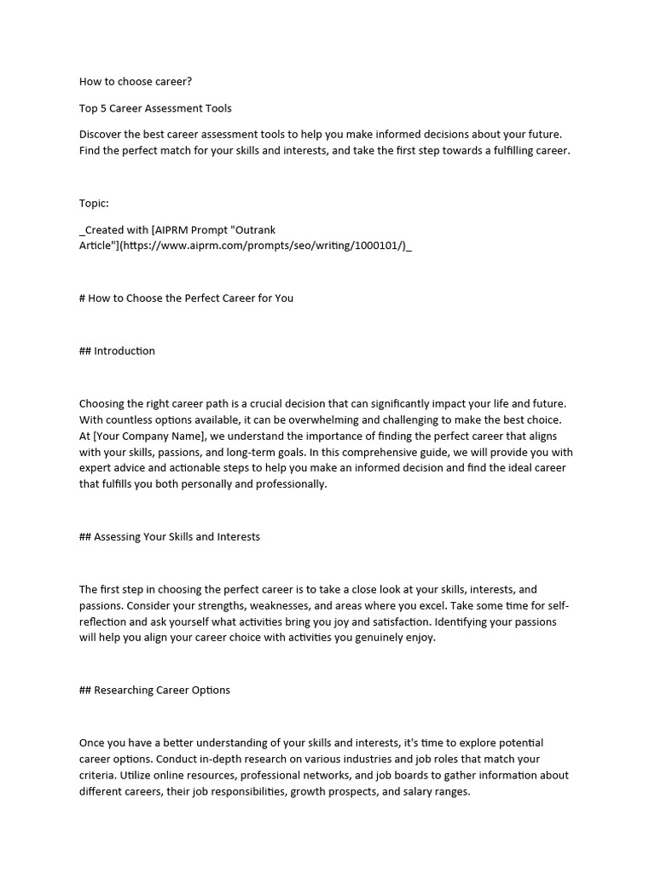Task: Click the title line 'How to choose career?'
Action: coord(136,82)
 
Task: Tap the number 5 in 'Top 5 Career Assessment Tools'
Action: coord(105,108)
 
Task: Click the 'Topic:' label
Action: coord(94,203)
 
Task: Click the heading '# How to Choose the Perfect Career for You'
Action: coord(186,298)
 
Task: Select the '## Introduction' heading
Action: coord(117,350)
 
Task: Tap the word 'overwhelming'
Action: coord(374,419)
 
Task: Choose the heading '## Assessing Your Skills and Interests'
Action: coord(170,537)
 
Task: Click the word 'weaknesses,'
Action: coord(242,605)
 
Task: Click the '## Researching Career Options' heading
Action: coord(154,690)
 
